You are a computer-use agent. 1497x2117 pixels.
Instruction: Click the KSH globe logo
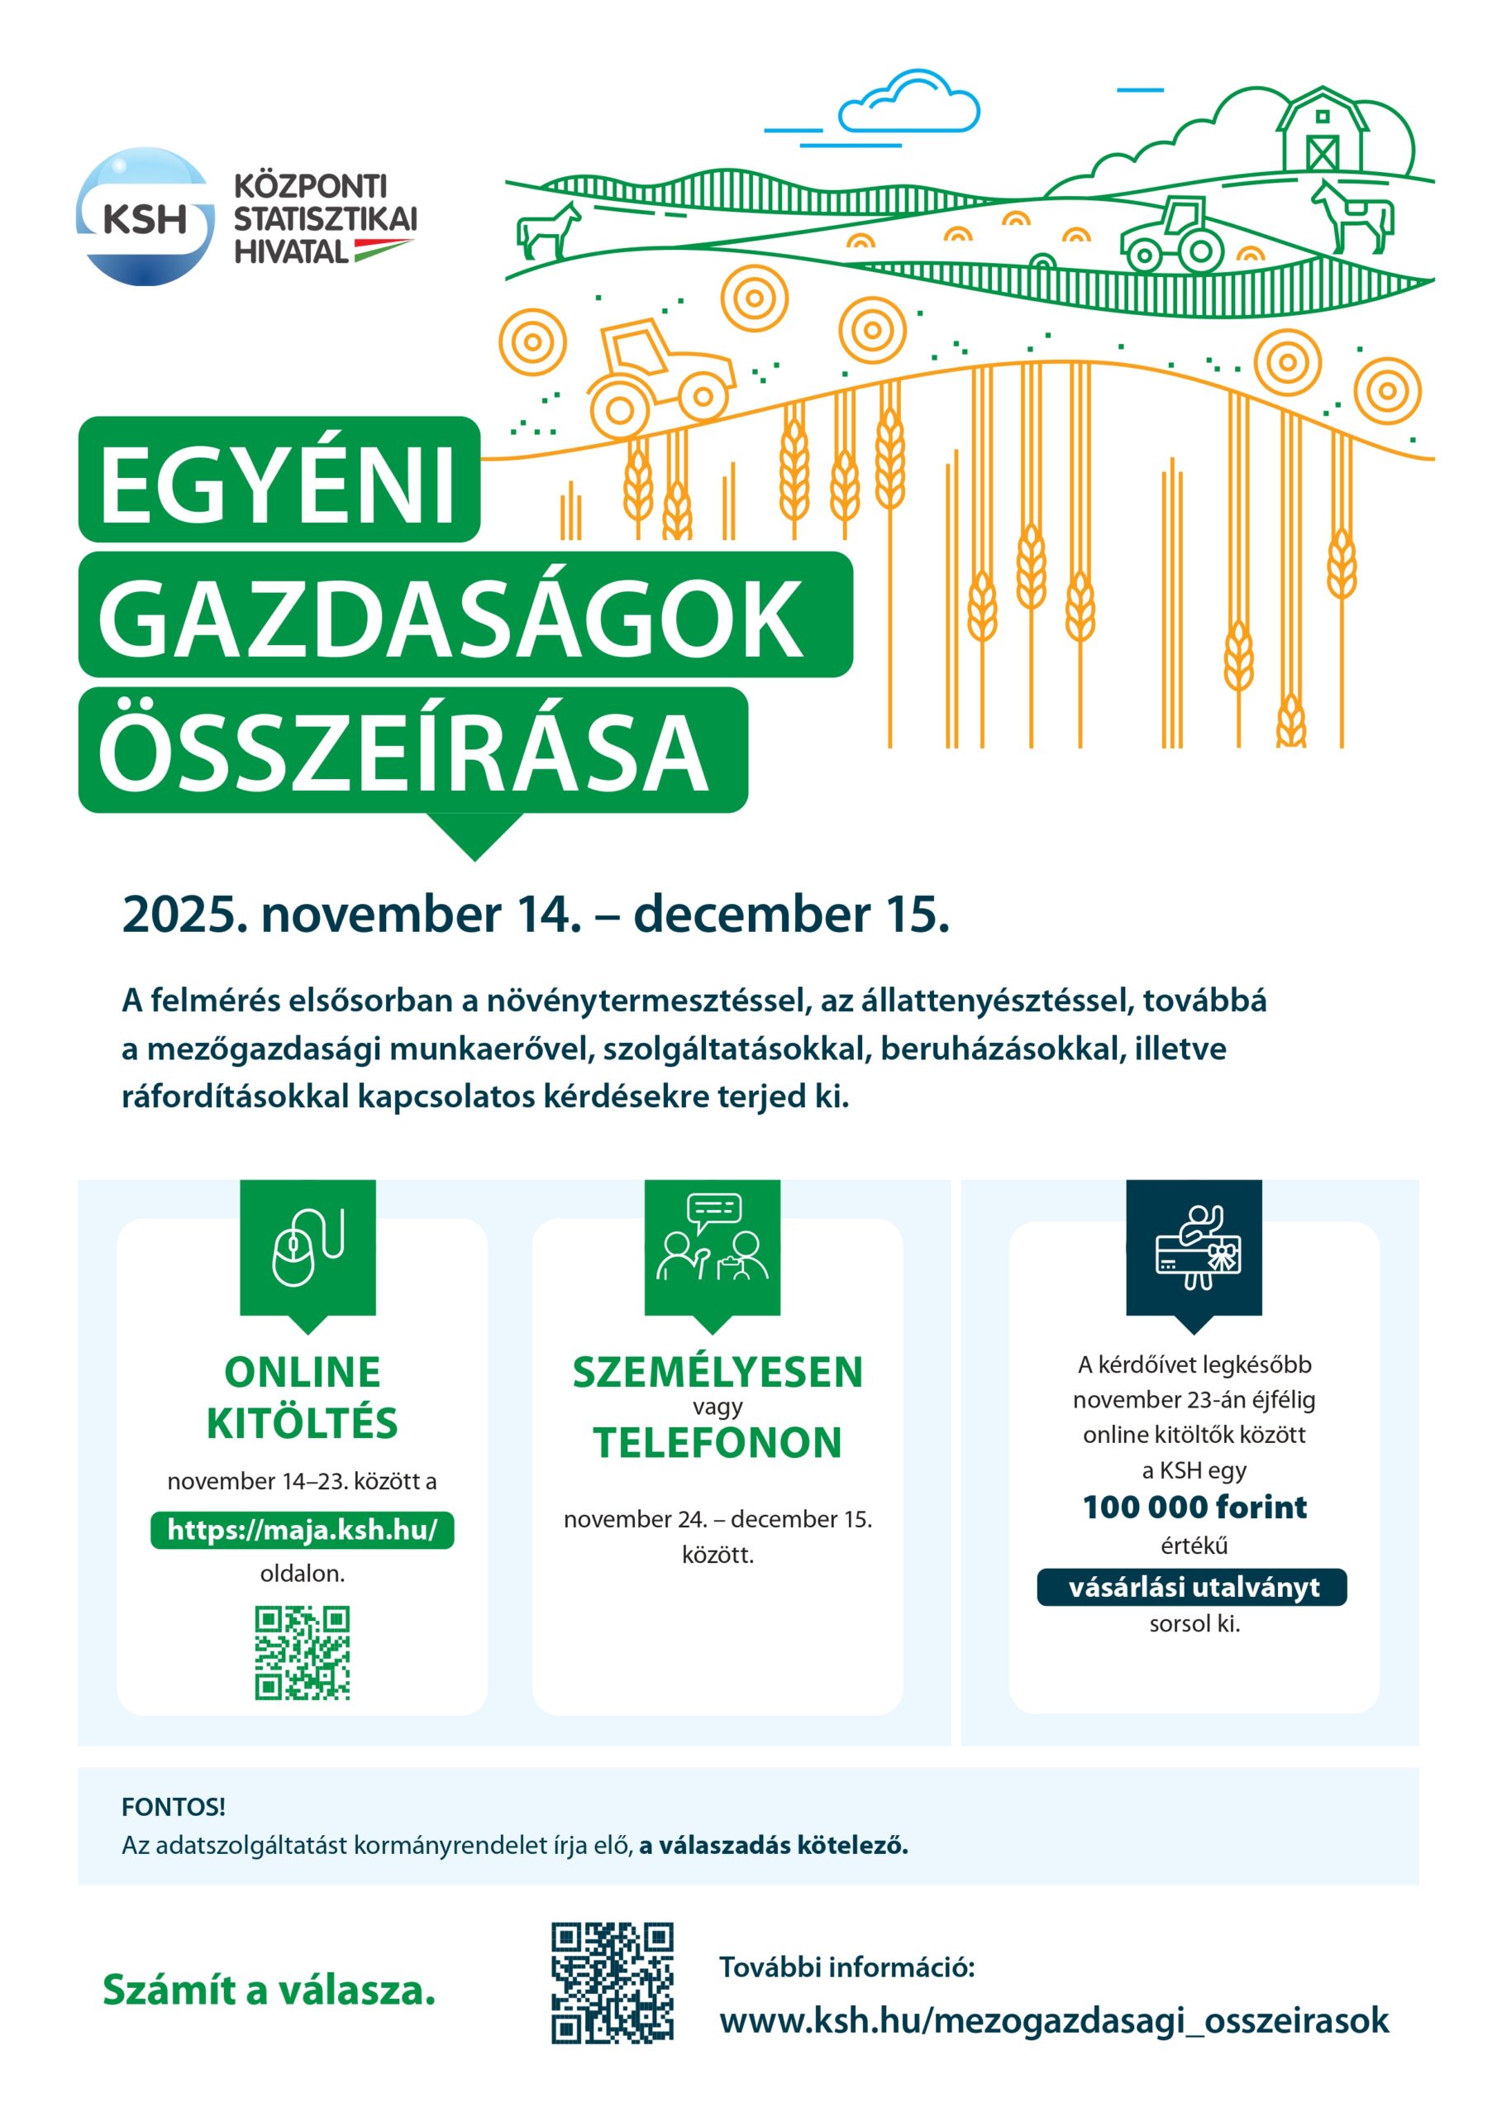pyautogui.click(x=145, y=217)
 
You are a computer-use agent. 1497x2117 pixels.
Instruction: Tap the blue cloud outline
pyautogui.click(x=908, y=104)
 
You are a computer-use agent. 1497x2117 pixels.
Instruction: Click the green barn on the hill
pyautogui.click(x=1321, y=131)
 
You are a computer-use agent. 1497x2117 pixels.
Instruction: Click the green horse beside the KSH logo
pyautogui.click(x=550, y=231)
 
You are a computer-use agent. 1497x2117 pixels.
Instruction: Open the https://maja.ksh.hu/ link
pyautogui.click(x=303, y=1530)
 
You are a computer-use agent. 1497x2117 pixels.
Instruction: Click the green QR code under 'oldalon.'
pyautogui.click(x=303, y=1653)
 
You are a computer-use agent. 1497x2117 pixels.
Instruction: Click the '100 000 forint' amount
pyautogui.click(x=1194, y=1507)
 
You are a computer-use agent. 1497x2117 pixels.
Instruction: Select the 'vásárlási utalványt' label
pyautogui.click(x=1193, y=1587)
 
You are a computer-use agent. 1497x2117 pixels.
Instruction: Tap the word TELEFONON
pyautogui.click(x=718, y=1443)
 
